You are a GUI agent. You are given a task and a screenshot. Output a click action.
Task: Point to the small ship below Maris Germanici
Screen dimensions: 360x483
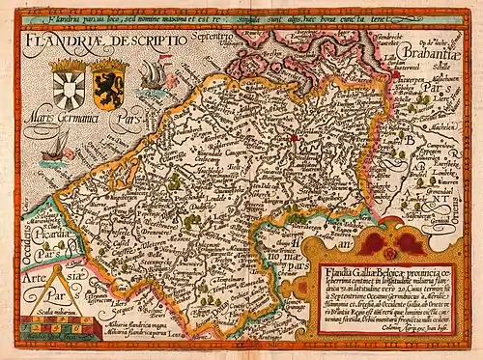58,145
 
